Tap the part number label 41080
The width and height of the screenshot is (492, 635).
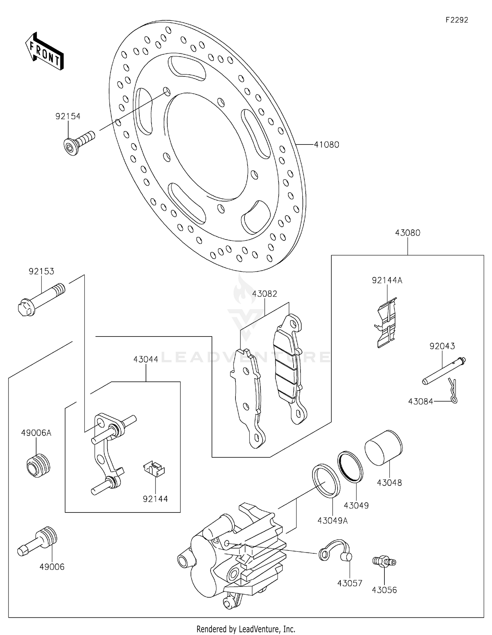326,144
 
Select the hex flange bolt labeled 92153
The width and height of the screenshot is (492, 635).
41,300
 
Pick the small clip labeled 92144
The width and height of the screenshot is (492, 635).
154,469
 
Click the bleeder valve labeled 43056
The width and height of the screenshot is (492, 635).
384,562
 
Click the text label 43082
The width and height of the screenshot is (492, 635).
264,294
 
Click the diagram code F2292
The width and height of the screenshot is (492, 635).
457,20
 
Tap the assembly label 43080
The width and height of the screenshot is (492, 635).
407,233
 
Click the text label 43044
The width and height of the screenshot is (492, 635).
146,359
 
